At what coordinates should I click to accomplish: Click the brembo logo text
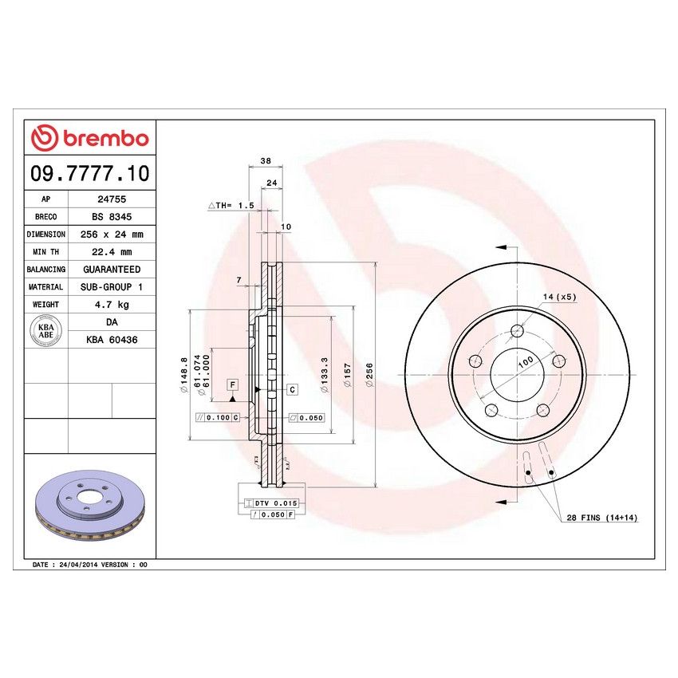103,139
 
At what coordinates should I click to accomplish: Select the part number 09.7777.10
89,172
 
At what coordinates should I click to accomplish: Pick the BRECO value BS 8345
112,217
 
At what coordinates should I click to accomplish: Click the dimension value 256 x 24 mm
112,235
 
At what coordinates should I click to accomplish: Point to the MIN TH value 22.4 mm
112,252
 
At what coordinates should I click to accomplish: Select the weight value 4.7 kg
112,304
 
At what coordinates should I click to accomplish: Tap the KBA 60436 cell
112,339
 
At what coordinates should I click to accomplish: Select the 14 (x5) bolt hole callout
559,297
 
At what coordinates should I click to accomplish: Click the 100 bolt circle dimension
525,361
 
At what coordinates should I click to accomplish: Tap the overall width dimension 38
266,161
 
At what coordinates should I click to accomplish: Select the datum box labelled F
232,385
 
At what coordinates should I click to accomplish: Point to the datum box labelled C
293,389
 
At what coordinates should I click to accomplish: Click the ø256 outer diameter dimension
369,372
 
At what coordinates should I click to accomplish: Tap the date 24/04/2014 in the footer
80,564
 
